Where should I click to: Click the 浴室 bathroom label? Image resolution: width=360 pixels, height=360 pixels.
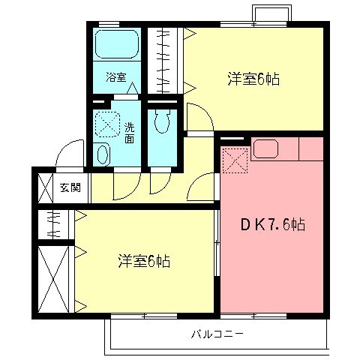point(115,78)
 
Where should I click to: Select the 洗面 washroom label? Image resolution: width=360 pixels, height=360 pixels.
point(130,132)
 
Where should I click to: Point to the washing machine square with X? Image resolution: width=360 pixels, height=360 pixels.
point(106,124)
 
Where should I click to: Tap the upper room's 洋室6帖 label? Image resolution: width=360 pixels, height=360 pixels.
point(253,78)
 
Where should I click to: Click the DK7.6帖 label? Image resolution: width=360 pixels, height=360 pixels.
point(272,224)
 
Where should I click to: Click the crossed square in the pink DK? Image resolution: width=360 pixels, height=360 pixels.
point(234,160)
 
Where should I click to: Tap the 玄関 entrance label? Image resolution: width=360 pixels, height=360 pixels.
point(70,187)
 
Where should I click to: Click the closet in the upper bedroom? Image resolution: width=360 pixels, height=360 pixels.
point(164,59)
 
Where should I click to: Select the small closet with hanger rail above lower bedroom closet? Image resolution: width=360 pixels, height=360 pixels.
point(54,223)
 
